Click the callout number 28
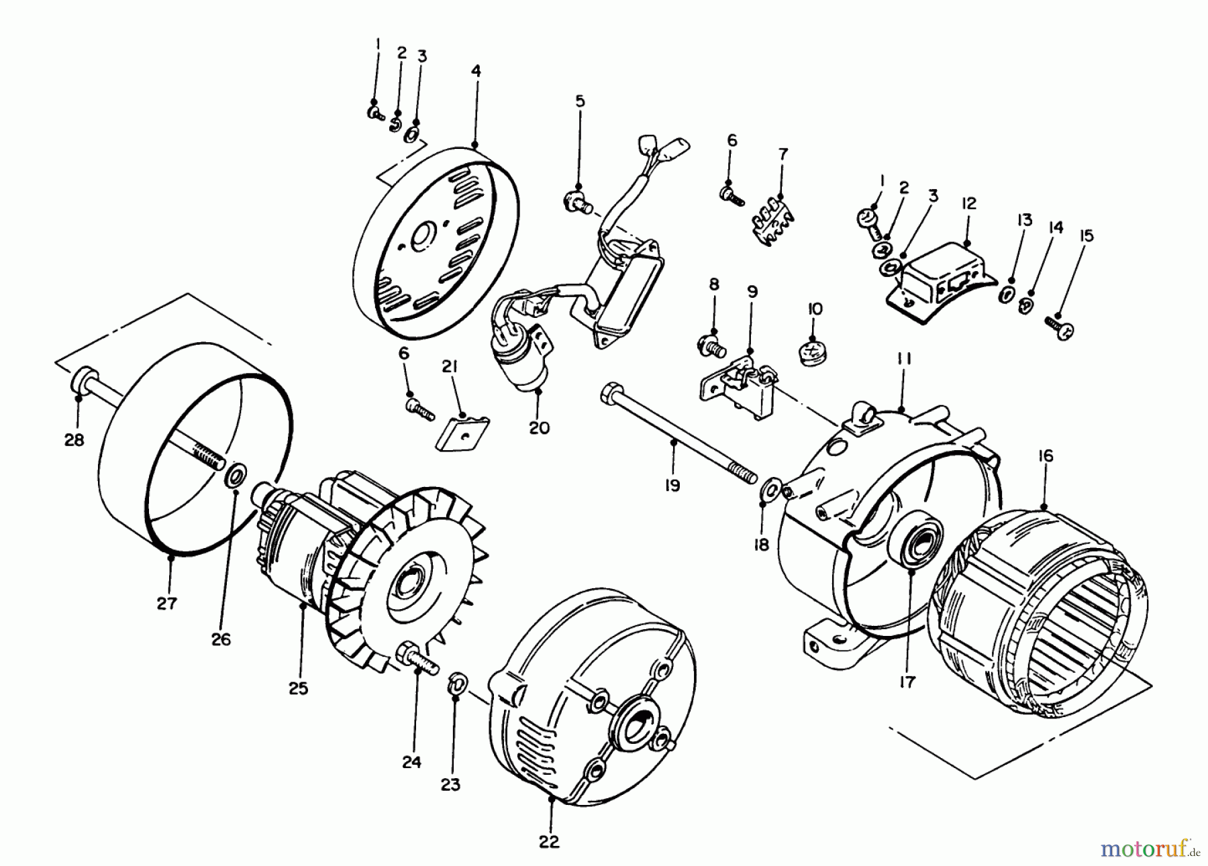click(x=74, y=440)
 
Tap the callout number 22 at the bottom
click(x=549, y=841)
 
